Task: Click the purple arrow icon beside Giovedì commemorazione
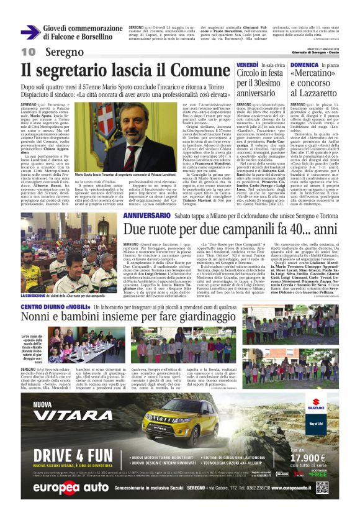tap(30, 33)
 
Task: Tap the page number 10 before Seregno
tap(29, 52)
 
